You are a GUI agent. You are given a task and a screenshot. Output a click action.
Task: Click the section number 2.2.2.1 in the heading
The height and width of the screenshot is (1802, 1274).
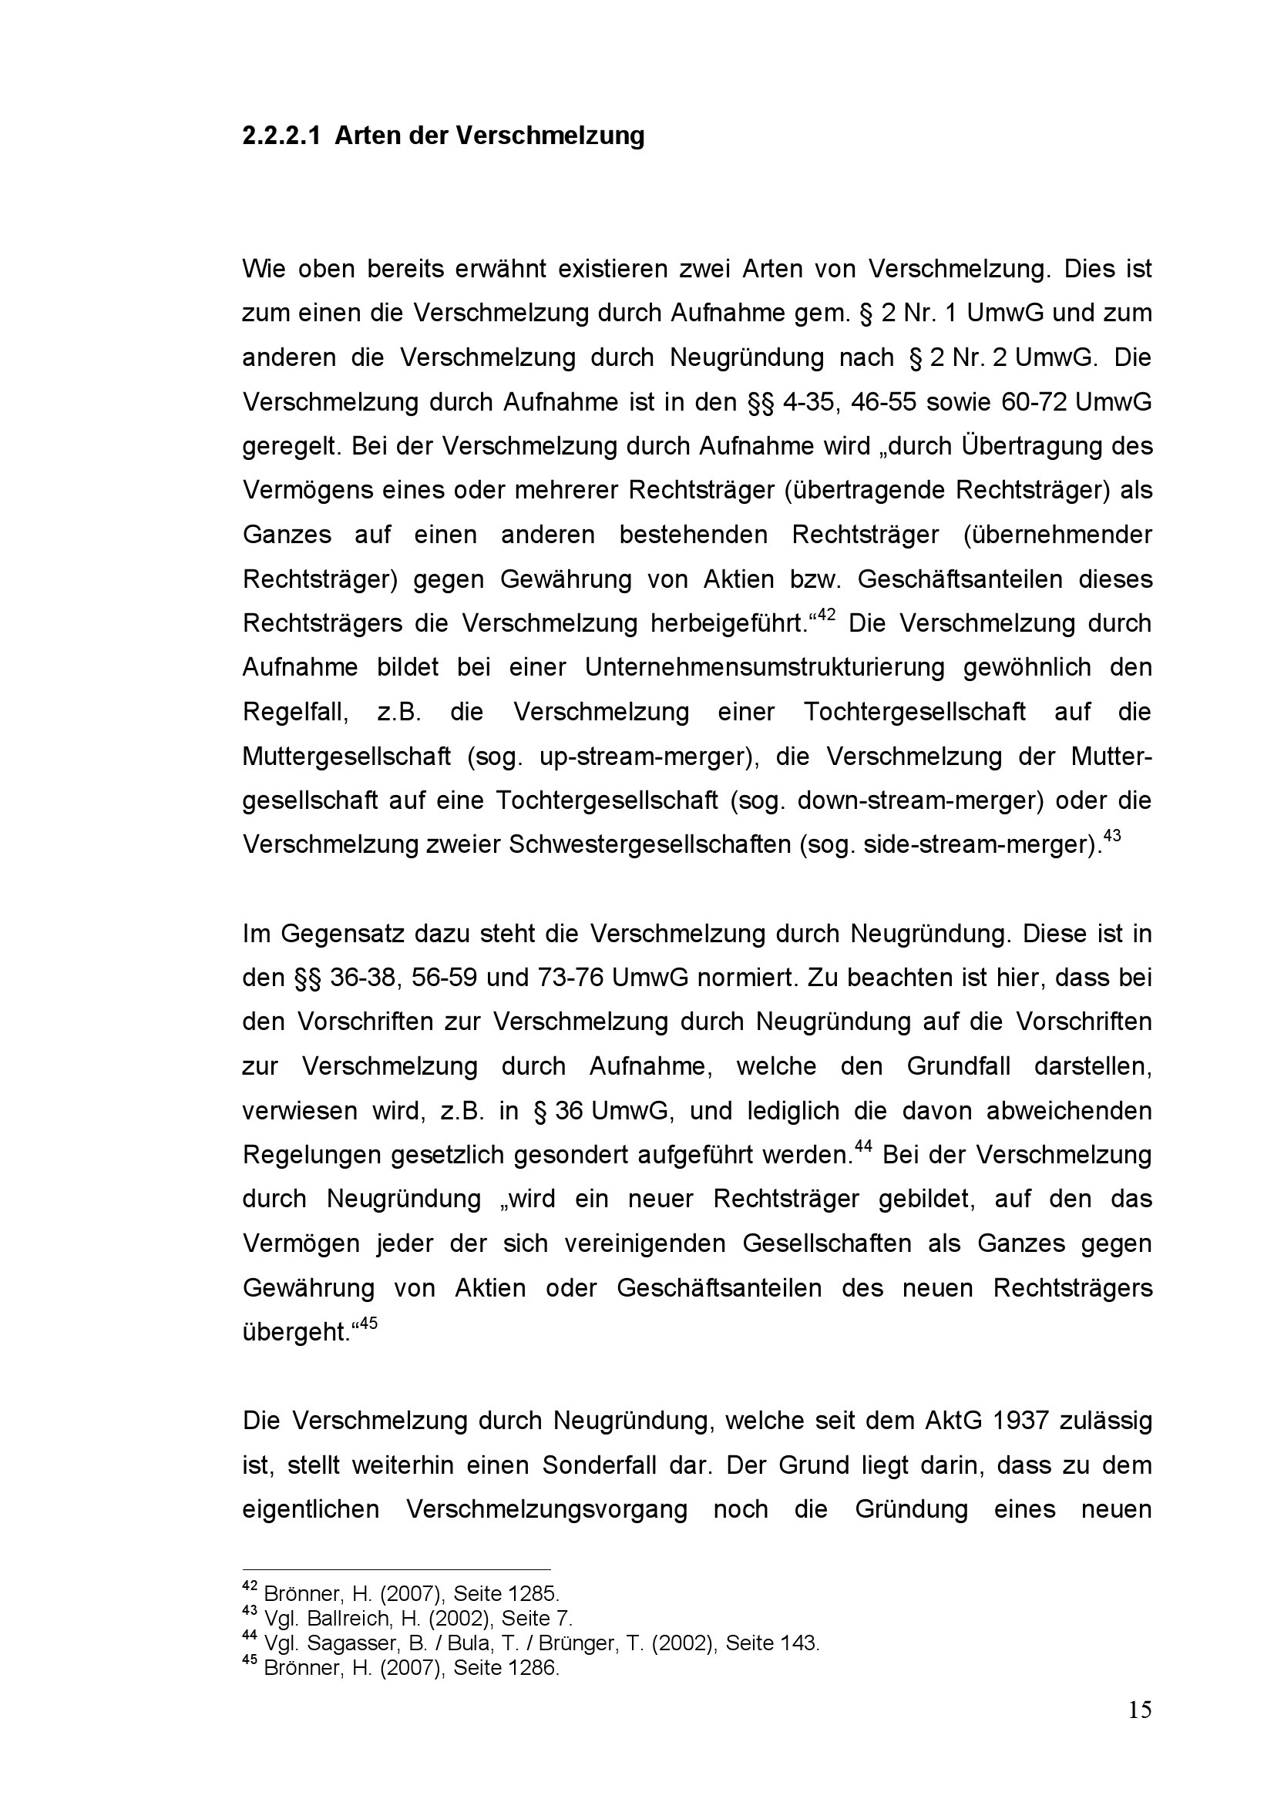coord(281,136)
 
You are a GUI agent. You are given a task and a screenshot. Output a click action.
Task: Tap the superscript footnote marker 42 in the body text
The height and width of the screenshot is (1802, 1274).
coord(825,615)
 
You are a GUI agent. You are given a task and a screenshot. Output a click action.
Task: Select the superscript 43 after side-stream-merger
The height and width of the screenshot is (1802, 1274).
coord(1112,835)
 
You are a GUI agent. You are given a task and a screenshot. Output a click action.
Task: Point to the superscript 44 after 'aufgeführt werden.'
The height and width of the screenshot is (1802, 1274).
coord(863,1146)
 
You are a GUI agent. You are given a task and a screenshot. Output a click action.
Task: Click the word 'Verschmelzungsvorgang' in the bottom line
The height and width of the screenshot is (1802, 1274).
coord(547,1510)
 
